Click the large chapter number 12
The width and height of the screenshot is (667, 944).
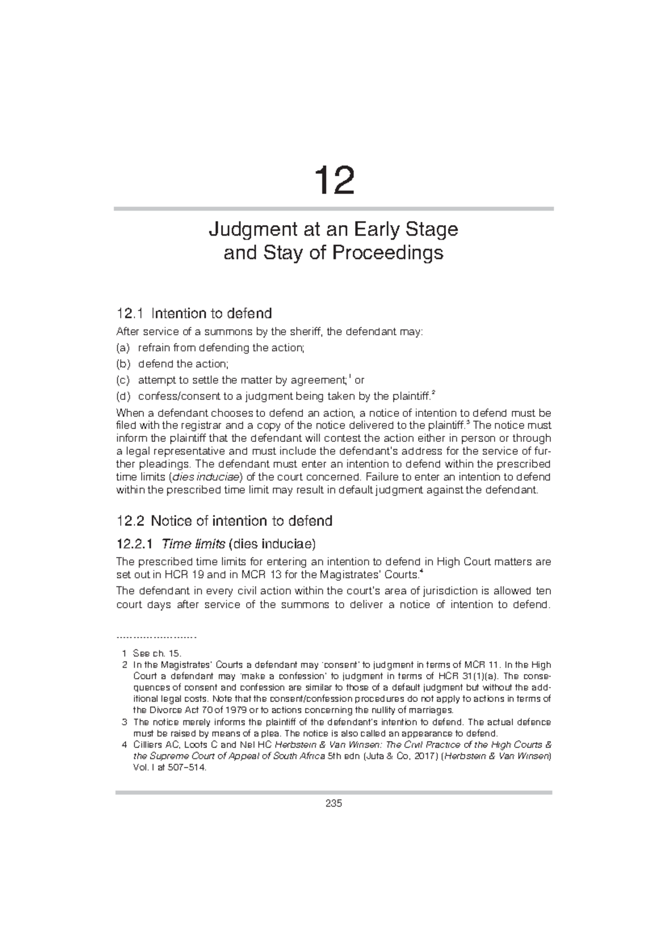(333, 181)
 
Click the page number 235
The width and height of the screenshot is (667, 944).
(333, 803)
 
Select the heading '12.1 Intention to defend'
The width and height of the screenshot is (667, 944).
(194, 314)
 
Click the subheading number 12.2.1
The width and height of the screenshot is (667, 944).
(137, 543)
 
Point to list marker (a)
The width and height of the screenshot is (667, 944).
(122, 348)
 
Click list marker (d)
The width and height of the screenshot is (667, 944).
(122, 396)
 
